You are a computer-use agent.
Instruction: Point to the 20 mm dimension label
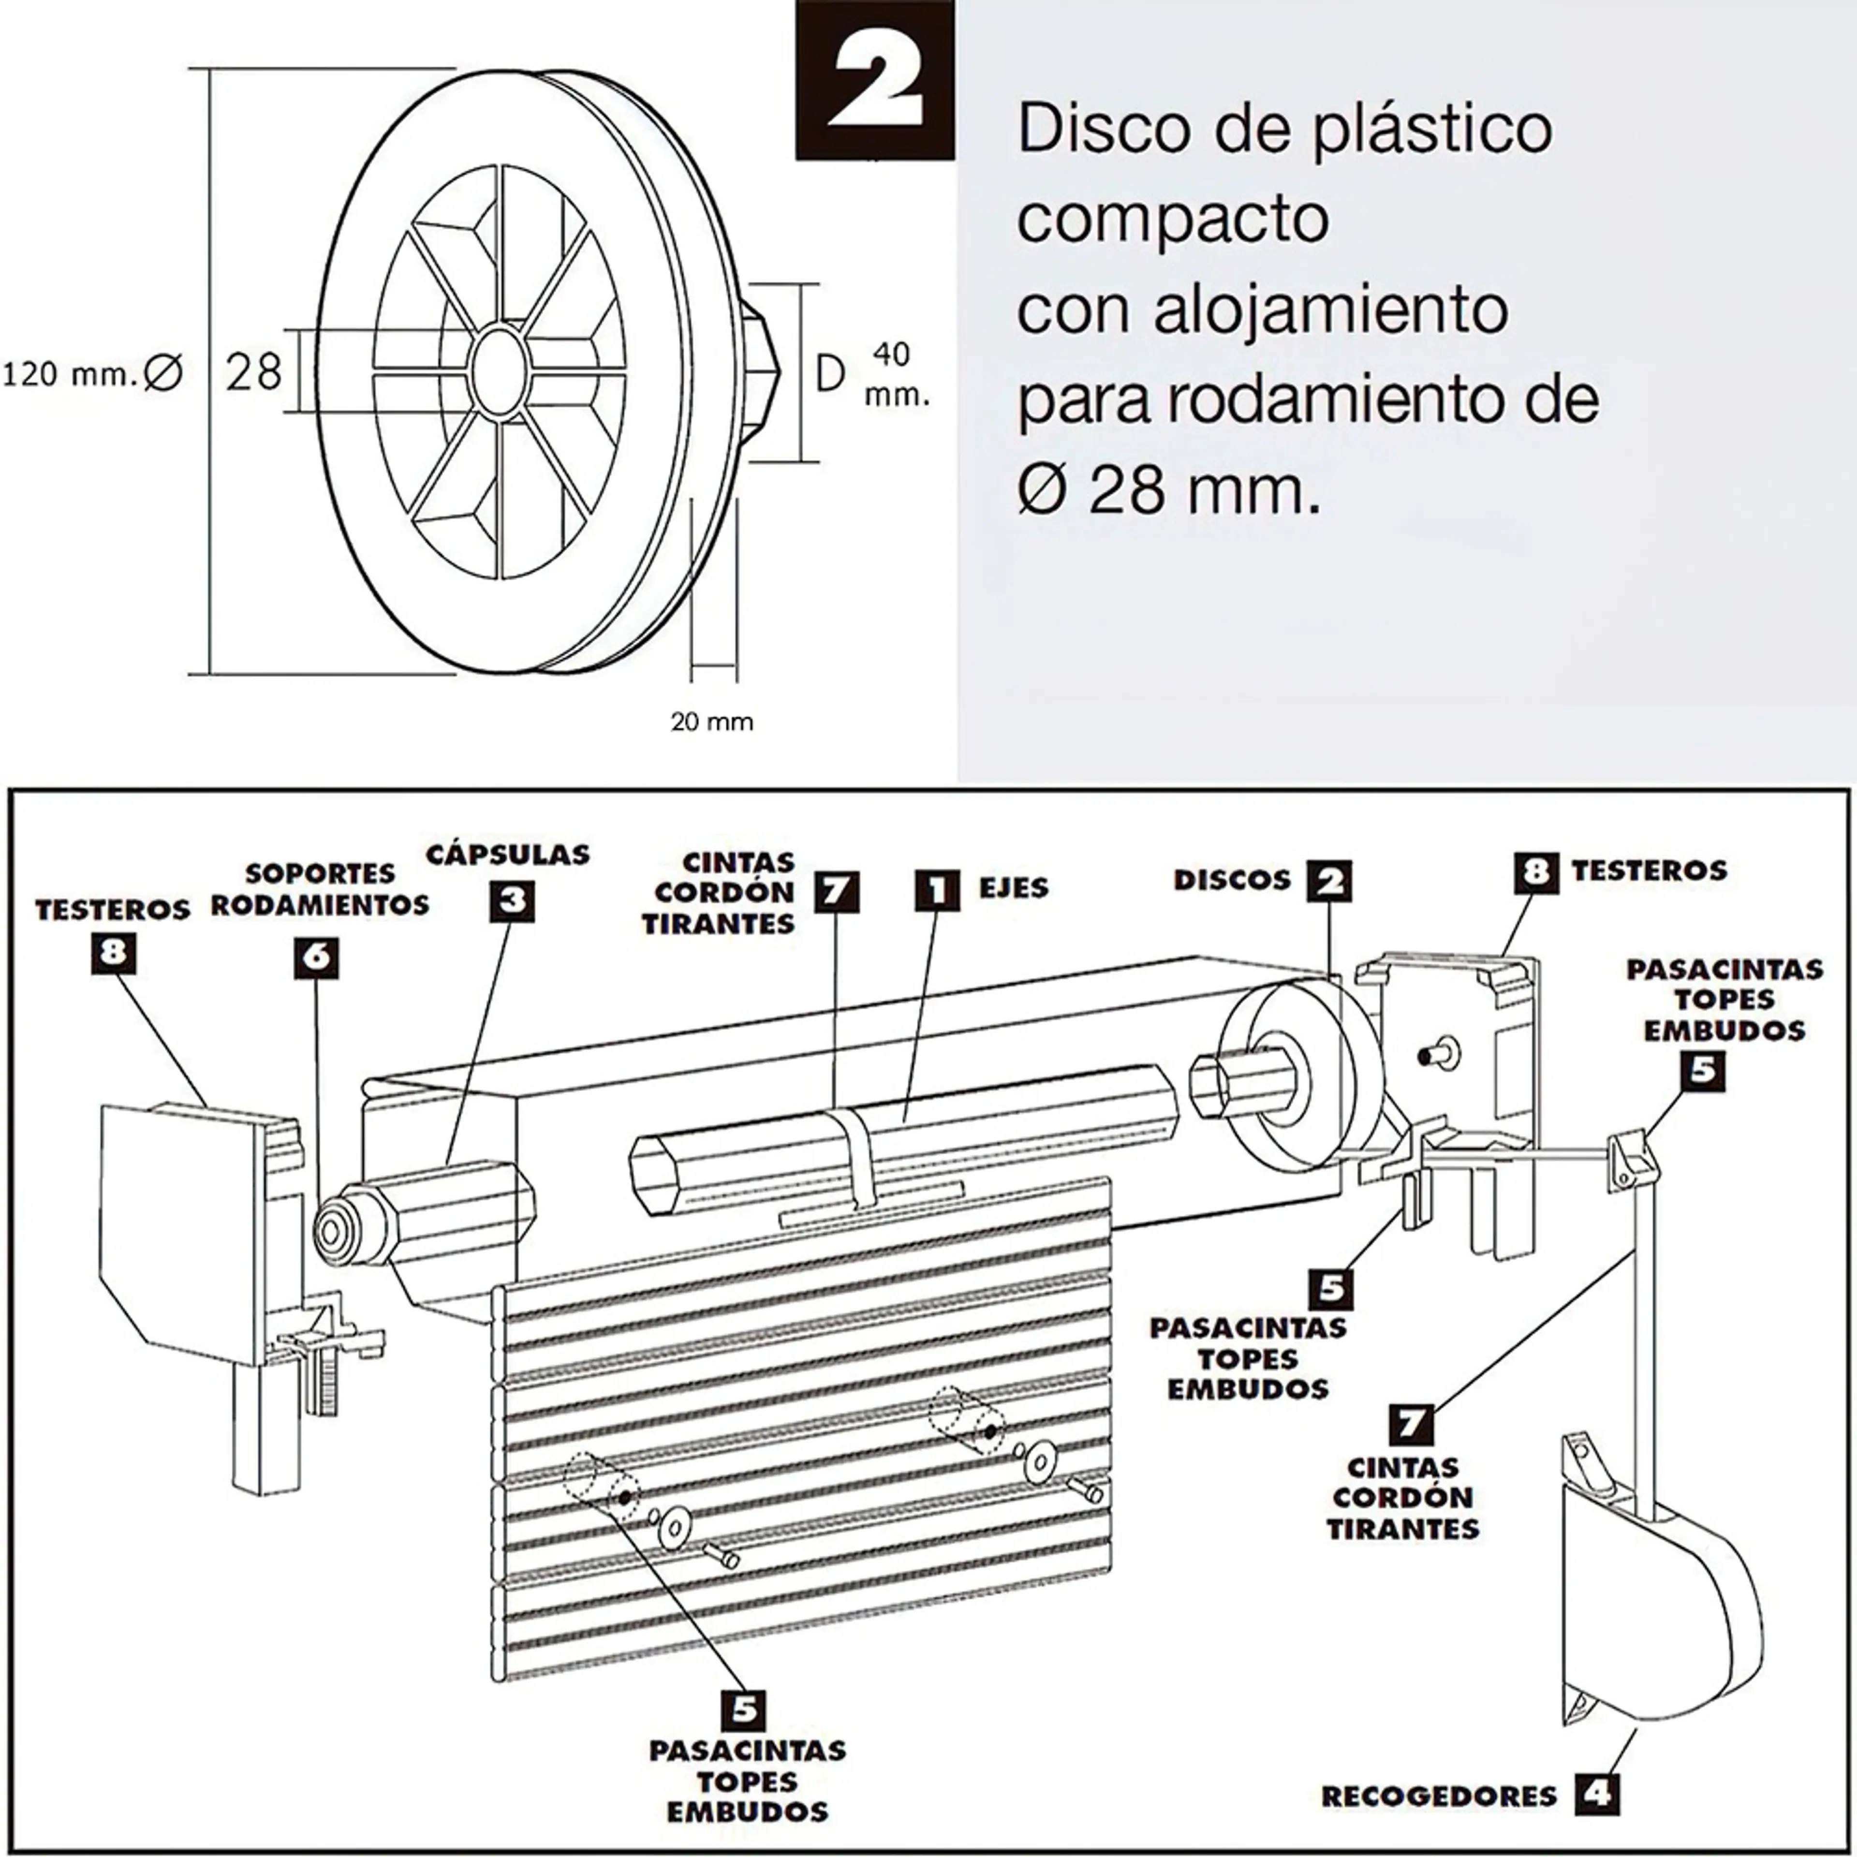click(711, 722)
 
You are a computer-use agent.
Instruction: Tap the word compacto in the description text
click(1173, 219)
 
